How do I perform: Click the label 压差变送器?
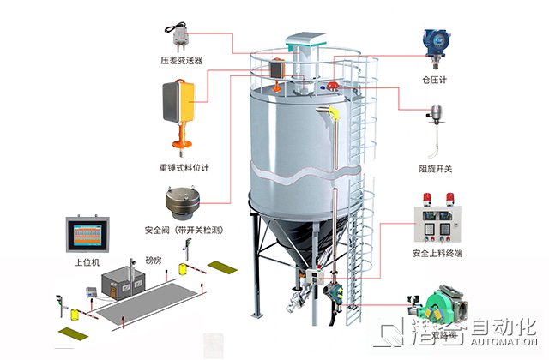(x=180, y=61)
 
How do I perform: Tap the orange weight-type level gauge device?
(x=179, y=108)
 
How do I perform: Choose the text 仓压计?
(x=436, y=79)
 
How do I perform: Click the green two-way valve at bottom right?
(x=434, y=309)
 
